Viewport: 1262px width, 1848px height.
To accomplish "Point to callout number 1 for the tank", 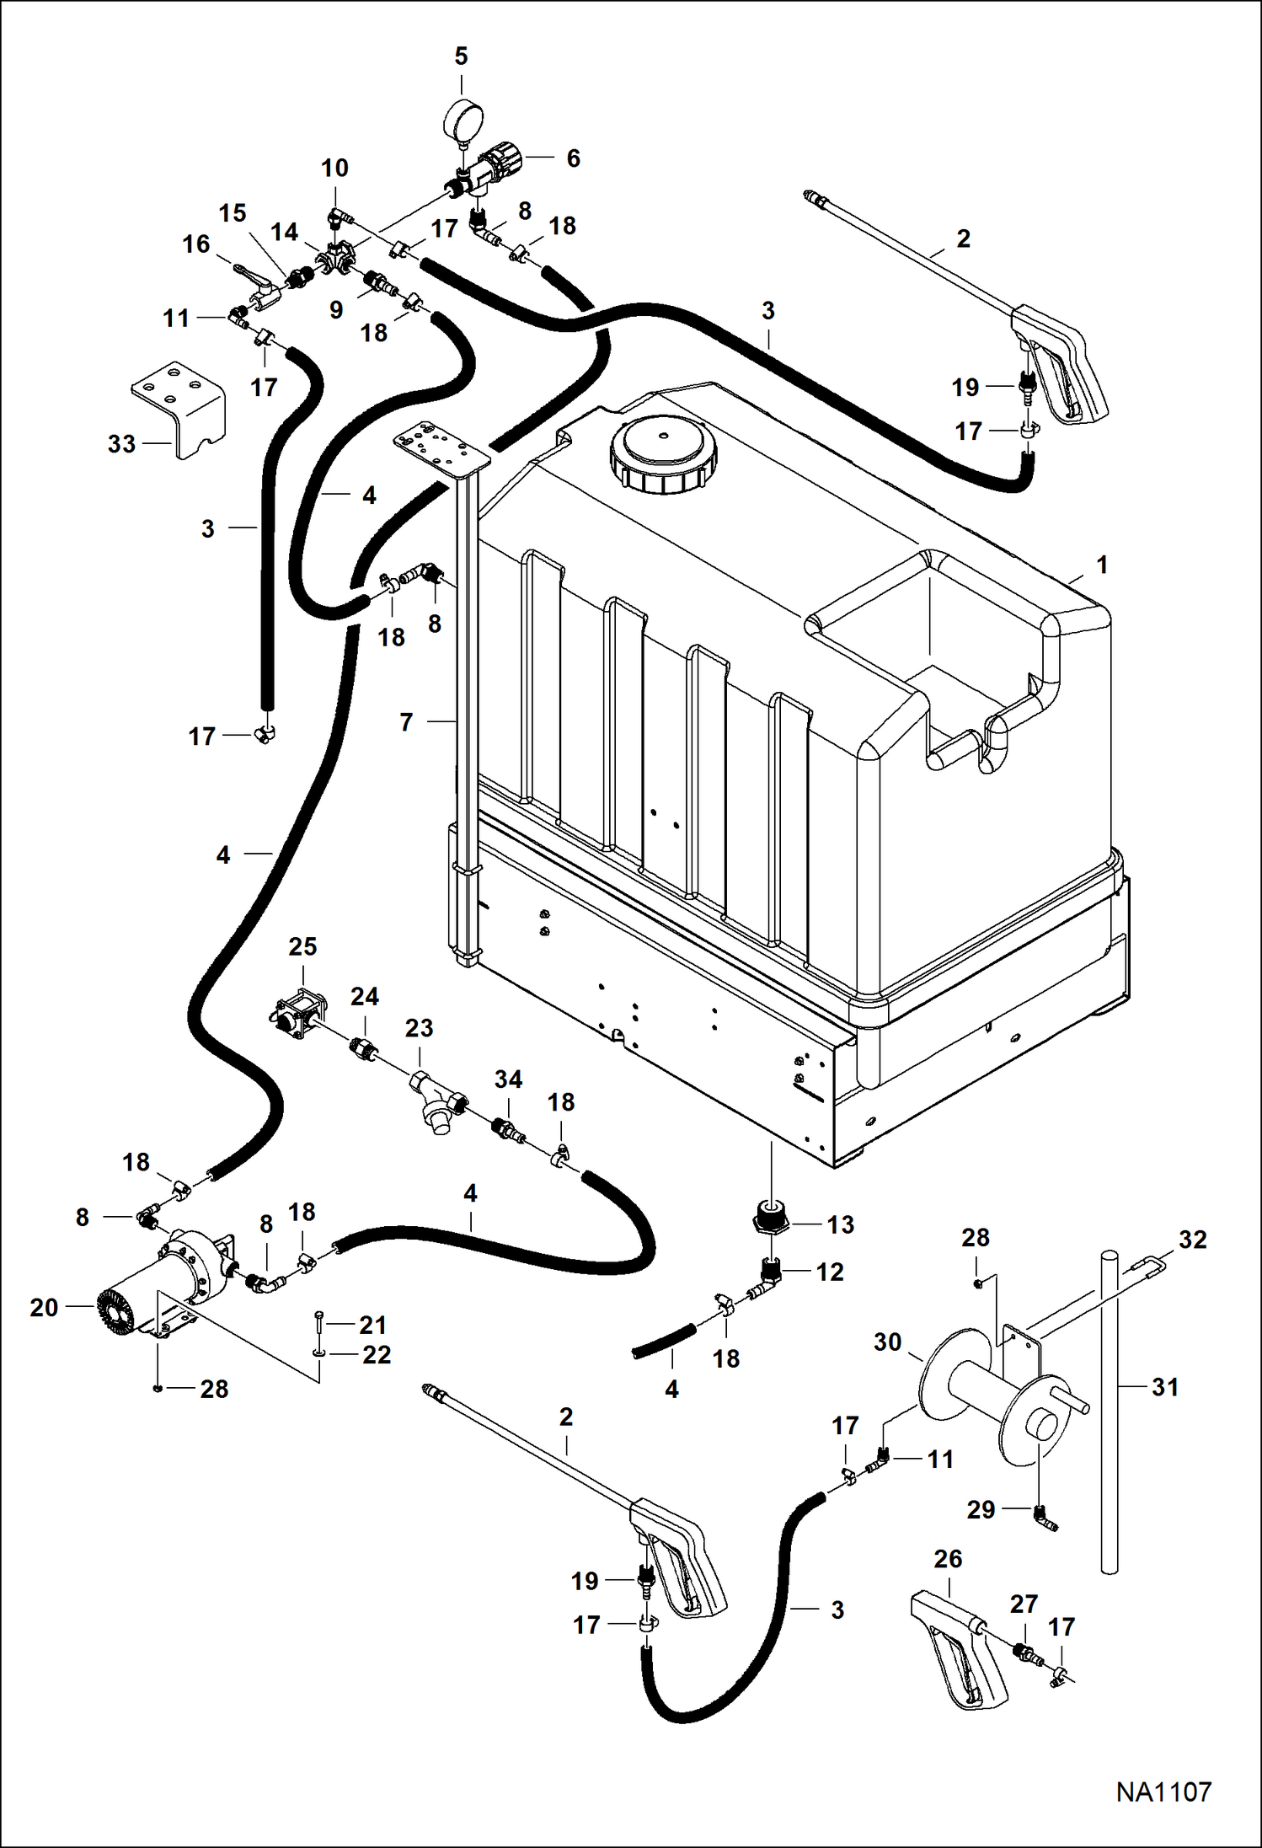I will point(1101,565).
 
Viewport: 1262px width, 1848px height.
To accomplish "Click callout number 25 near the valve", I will point(302,947).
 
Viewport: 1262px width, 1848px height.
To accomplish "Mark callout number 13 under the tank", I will point(841,1224).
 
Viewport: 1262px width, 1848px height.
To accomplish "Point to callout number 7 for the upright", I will point(406,722).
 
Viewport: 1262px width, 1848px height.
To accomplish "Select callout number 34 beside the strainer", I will point(508,1079).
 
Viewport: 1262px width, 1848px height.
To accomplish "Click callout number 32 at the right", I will point(1193,1240).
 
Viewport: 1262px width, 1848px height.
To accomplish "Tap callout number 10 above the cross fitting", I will point(334,169).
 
